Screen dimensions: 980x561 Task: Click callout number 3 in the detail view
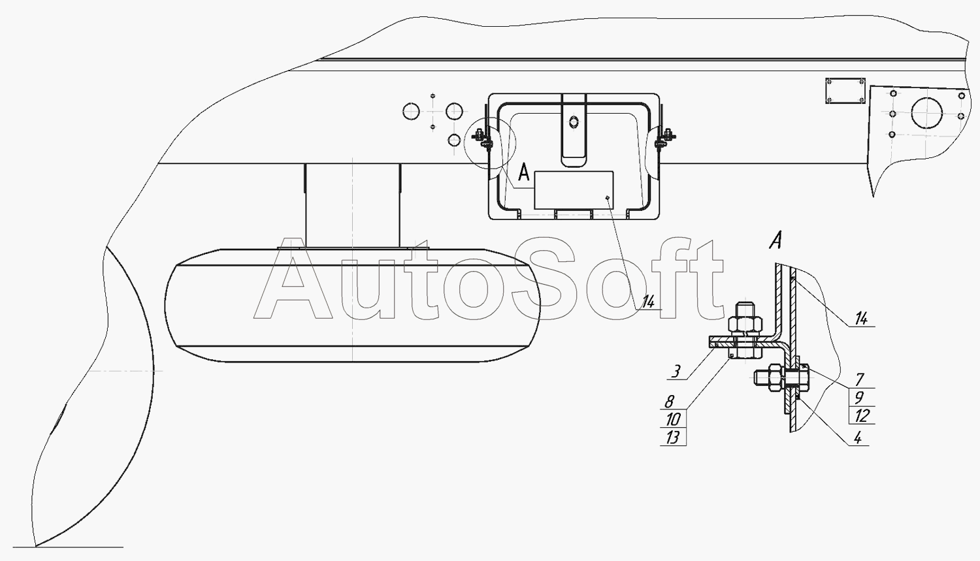click(x=676, y=372)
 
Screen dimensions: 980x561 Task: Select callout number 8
click(x=670, y=402)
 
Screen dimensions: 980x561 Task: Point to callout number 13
click(x=674, y=438)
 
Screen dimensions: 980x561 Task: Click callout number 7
click(x=860, y=379)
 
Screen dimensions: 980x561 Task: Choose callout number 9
click(x=859, y=398)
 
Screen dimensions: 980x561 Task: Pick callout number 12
click(x=862, y=415)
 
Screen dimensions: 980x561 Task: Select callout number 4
click(x=858, y=438)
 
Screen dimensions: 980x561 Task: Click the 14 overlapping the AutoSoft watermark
click(x=648, y=301)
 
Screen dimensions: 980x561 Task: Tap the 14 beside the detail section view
click(x=861, y=319)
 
